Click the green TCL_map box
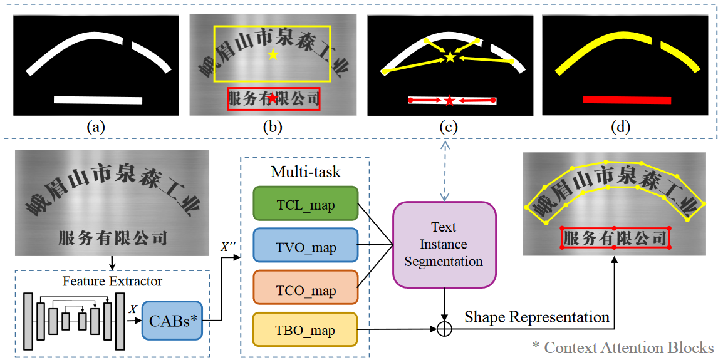click(x=305, y=204)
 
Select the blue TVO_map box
click(x=305, y=247)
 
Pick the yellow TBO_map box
click(x=305, y=329)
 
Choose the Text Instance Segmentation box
click(x=444, y=244)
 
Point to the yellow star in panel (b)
click(x=273, y=55)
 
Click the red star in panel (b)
click(x=273, y=98)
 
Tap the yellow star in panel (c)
click(x=450, y=58)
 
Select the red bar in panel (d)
click(x=627, y=100)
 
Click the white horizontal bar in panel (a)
click(x=98, y=100)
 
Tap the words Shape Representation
click(x=537, y=317)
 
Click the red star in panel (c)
click(x=450, y=100)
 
